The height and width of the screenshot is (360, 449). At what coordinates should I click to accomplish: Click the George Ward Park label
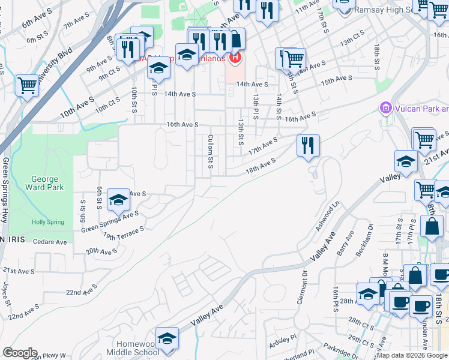45,183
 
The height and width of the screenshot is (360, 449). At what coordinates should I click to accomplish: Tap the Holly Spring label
48,222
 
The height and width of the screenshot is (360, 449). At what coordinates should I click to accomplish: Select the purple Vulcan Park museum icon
385,109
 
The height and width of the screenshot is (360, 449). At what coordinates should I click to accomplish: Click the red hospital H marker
235,58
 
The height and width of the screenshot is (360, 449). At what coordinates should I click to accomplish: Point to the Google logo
20,352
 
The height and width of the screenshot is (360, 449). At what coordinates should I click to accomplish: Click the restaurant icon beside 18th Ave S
308,146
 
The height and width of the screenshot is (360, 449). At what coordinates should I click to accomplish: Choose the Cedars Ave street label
50,242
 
